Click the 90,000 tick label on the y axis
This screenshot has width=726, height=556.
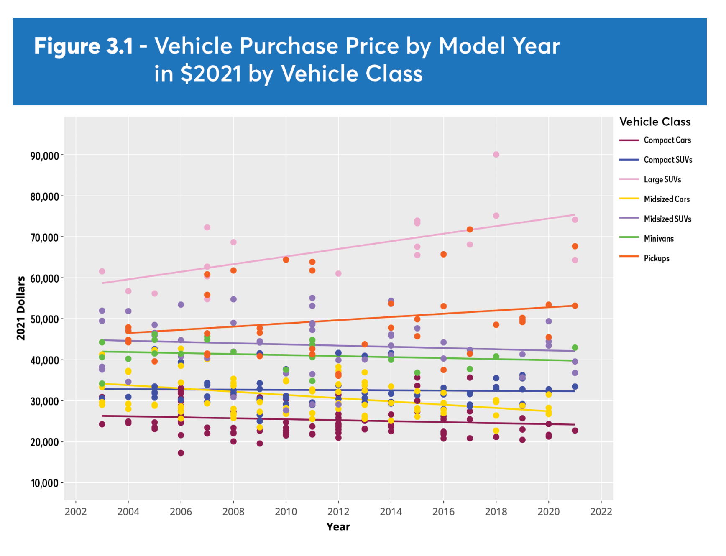click(x=44, y=156)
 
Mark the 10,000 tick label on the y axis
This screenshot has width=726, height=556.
click(x=44, y=484)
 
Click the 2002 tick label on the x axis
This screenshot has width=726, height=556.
click(x=76, y=512)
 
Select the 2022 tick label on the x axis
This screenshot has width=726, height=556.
click(x=601, y=512)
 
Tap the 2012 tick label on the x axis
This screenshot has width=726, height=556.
click(x=338, y=512)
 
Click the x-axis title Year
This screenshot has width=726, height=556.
click(x=338, y=527)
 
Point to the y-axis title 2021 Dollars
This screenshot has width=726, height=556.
click(x=21, y=308)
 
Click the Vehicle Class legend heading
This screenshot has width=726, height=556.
click(x=655, y=122)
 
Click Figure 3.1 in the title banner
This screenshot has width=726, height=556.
click(x=84, y=46)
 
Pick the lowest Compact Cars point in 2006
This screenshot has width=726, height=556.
click(x=181, y=453)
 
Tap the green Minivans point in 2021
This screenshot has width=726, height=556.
click(x=575, y=348)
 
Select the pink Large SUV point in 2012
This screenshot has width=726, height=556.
click(x=338, y=274)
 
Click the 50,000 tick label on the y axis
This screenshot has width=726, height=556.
click(x=44, y=320)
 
